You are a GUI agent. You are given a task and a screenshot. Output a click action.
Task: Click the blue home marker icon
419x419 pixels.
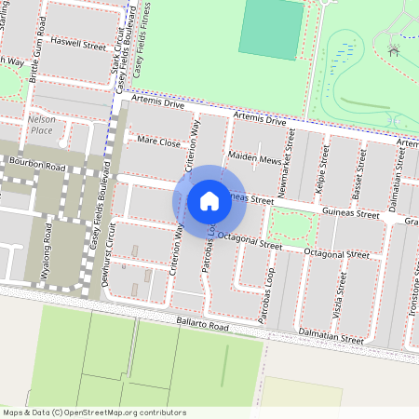click(x=209, y=200)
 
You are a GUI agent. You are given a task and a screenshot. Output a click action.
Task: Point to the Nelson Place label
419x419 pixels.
click(x=41, y=125)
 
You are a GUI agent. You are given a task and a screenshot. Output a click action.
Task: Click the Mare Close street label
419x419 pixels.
click(x=157, y=142)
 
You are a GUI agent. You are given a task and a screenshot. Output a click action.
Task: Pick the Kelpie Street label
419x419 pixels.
click(x=321, y=168)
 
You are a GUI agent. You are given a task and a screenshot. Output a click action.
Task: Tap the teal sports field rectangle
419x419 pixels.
click(x=272, y=30)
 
